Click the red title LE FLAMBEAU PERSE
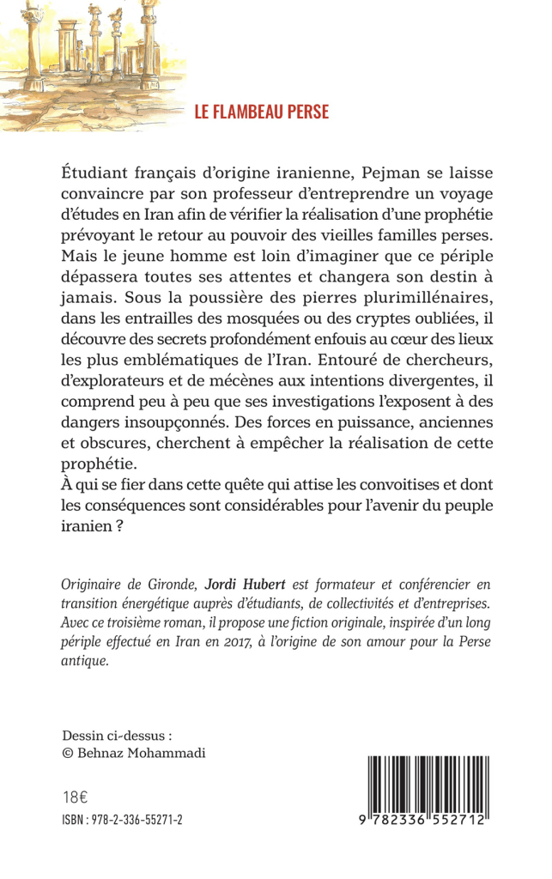pos(261,112)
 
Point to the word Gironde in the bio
pos(173,583)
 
